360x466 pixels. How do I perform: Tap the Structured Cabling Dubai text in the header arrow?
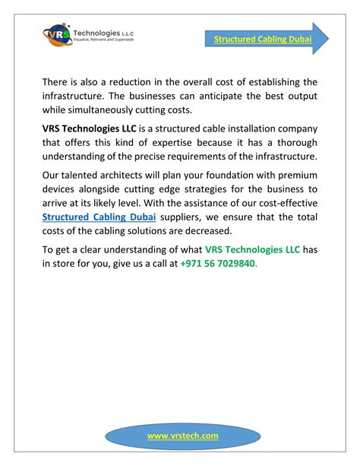[263, 39]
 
